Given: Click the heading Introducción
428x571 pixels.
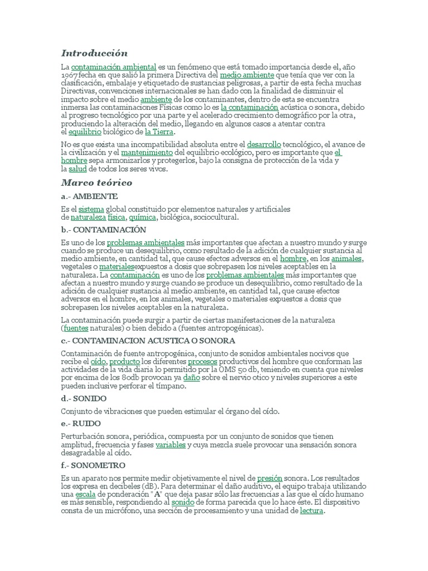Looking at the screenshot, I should [x=94, y=54].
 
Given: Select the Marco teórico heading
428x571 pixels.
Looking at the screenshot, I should [x=96, y=182].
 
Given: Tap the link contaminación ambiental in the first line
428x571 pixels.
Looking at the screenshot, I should [x=114, y=67].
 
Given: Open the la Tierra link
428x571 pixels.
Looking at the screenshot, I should [x=159, y=132].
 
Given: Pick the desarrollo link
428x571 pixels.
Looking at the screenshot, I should [x=264, y=144].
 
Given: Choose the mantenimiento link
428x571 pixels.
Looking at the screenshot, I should [x=147, y=152].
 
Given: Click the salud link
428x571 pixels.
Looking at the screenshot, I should [x=77, y=168].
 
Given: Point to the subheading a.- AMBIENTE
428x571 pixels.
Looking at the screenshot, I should [x=89, y=196].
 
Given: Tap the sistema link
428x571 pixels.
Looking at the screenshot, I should [x=91, y=209].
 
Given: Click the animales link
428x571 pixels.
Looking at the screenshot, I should [x=347, y=259].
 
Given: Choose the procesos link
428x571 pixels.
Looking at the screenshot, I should [x=202, y=361].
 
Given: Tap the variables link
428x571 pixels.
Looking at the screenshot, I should [x=171, y=445].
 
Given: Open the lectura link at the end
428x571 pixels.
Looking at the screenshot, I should [x=311, y=510].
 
